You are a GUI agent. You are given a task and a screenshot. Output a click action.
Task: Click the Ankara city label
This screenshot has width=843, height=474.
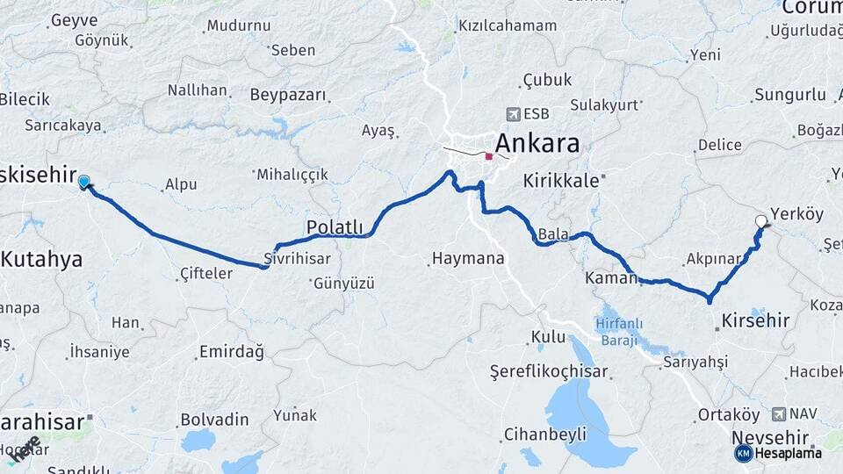537,143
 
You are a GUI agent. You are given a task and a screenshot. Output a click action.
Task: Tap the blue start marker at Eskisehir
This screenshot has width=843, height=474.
83,182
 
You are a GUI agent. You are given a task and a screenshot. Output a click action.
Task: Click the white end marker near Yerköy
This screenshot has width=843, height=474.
761,222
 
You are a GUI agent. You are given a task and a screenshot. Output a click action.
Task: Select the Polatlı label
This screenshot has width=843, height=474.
335,227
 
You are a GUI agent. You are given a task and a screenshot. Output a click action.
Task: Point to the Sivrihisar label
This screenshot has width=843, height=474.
297,259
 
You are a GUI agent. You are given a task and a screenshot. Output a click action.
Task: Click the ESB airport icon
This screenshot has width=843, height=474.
513,114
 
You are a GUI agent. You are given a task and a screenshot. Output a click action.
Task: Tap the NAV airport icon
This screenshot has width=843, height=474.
778,413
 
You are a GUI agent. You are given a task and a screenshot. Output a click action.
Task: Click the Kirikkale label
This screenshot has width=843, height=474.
561,181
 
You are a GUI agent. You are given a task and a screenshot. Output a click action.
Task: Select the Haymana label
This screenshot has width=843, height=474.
468,259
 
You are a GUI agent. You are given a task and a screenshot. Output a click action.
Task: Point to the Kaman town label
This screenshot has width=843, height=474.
609,278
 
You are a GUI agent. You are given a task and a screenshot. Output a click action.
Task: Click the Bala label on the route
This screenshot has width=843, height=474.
553,234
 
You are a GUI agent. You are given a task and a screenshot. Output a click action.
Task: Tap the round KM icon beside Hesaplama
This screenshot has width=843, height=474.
744,453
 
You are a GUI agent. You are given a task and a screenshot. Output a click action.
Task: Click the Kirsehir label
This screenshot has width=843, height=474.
756,320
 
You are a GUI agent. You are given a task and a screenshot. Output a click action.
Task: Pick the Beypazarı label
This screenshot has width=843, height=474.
288,95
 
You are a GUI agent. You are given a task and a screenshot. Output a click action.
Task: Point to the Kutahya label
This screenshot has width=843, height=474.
41,259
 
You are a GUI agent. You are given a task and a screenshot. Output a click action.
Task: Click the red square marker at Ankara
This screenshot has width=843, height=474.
489,156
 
